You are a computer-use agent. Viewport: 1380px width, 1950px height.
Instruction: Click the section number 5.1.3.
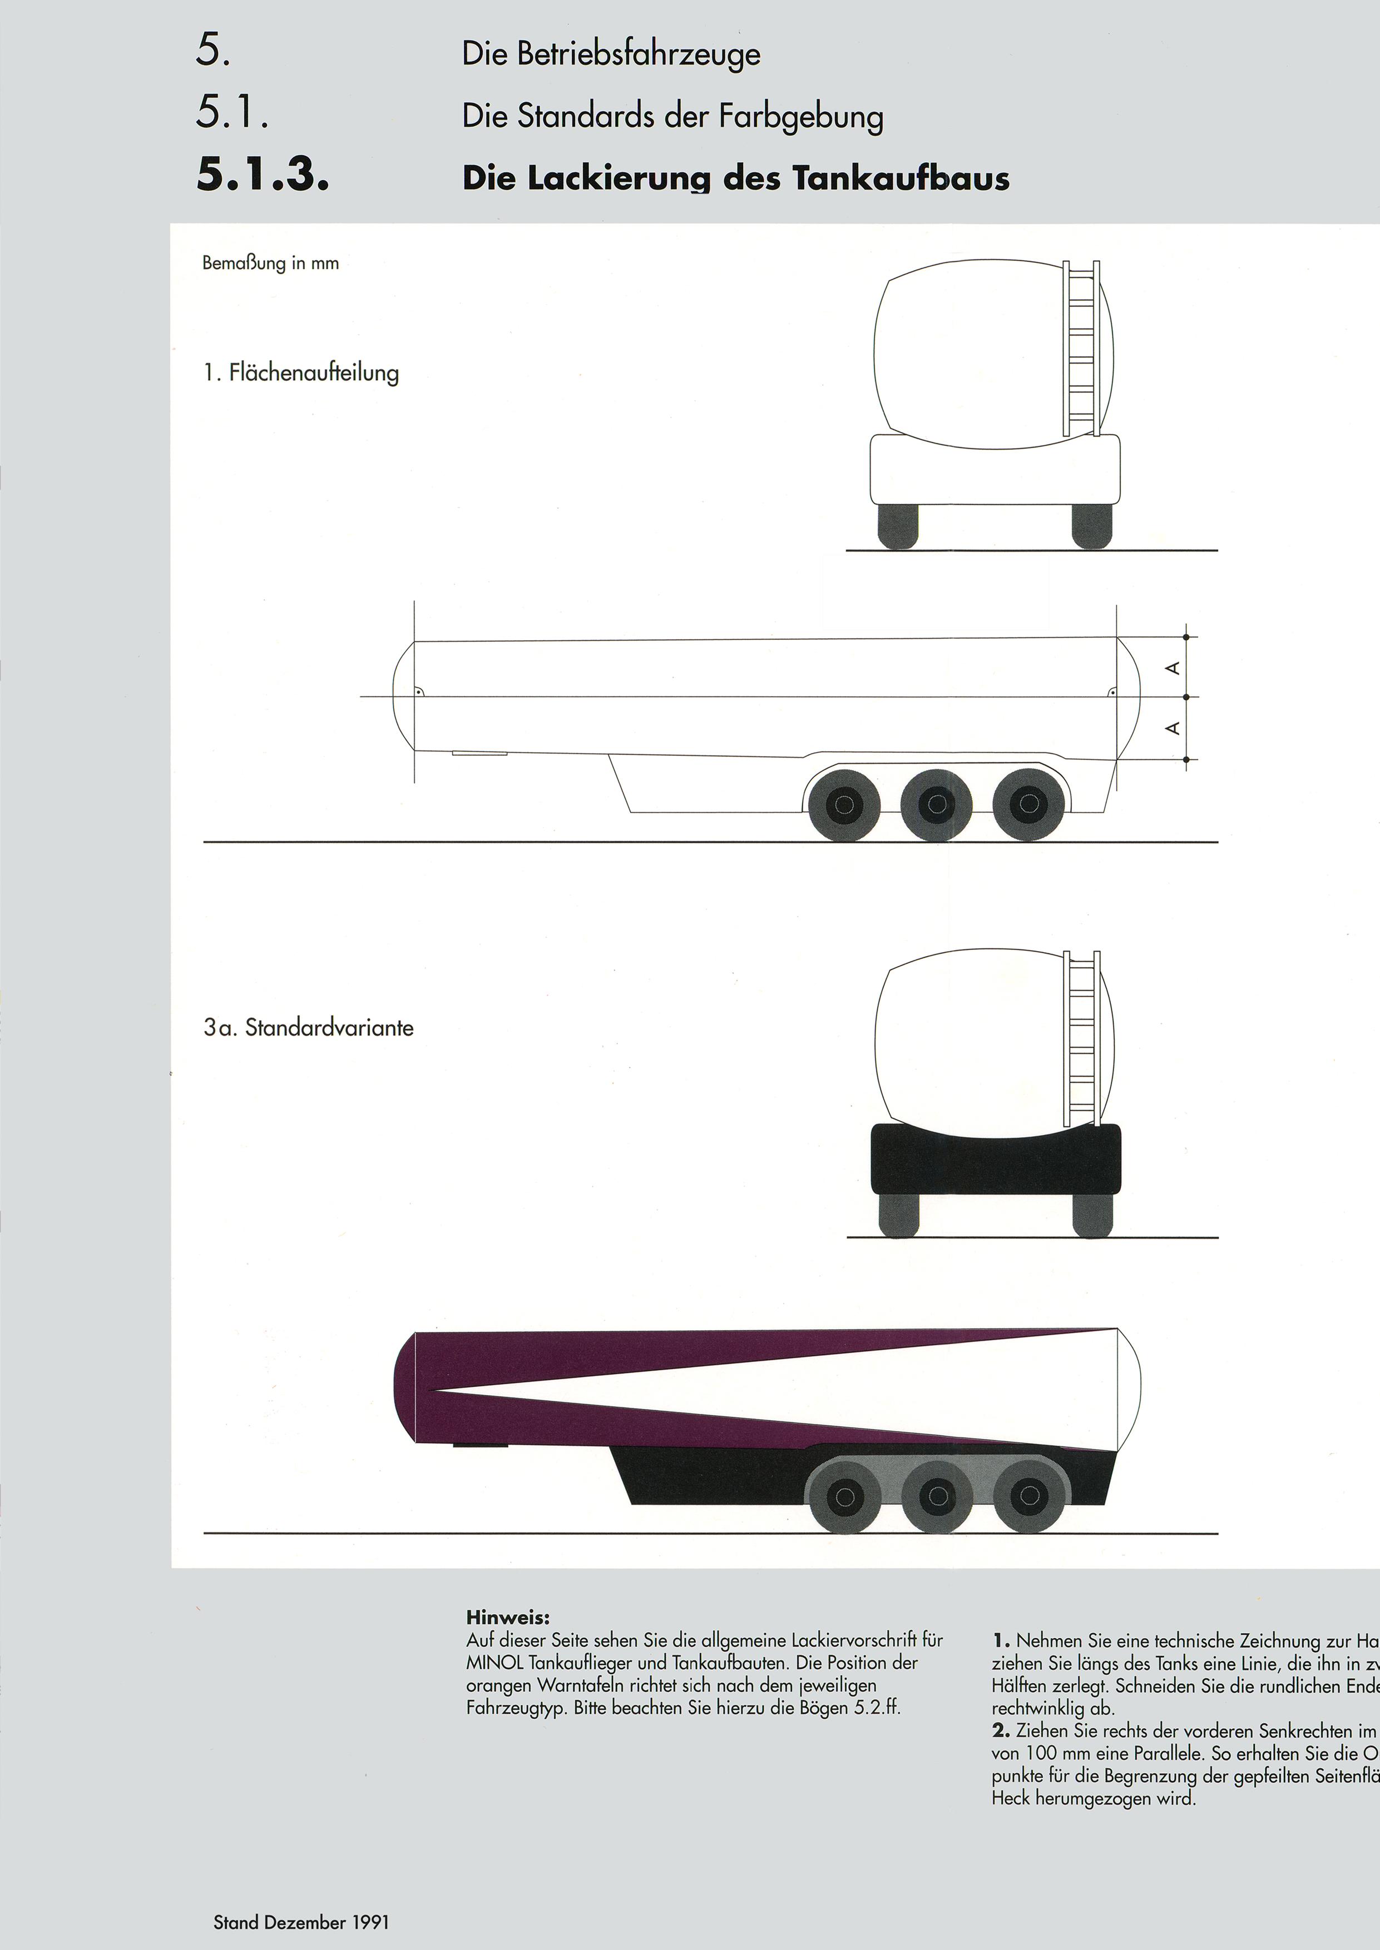point(262,175)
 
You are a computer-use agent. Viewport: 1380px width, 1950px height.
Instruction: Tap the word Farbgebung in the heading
point(800,116)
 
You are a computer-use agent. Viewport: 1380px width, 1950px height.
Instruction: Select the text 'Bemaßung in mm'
point(270,263)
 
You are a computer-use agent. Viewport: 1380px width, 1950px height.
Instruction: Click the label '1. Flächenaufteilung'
point(301,373)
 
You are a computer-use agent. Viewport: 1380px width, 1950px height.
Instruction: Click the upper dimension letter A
point(1173,668)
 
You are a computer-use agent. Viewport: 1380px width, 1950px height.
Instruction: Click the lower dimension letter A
point(1173,728)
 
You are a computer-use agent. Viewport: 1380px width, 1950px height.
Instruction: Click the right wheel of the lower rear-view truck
point(1092,1215)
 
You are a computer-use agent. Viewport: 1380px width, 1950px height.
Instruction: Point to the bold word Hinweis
point(507,1618)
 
